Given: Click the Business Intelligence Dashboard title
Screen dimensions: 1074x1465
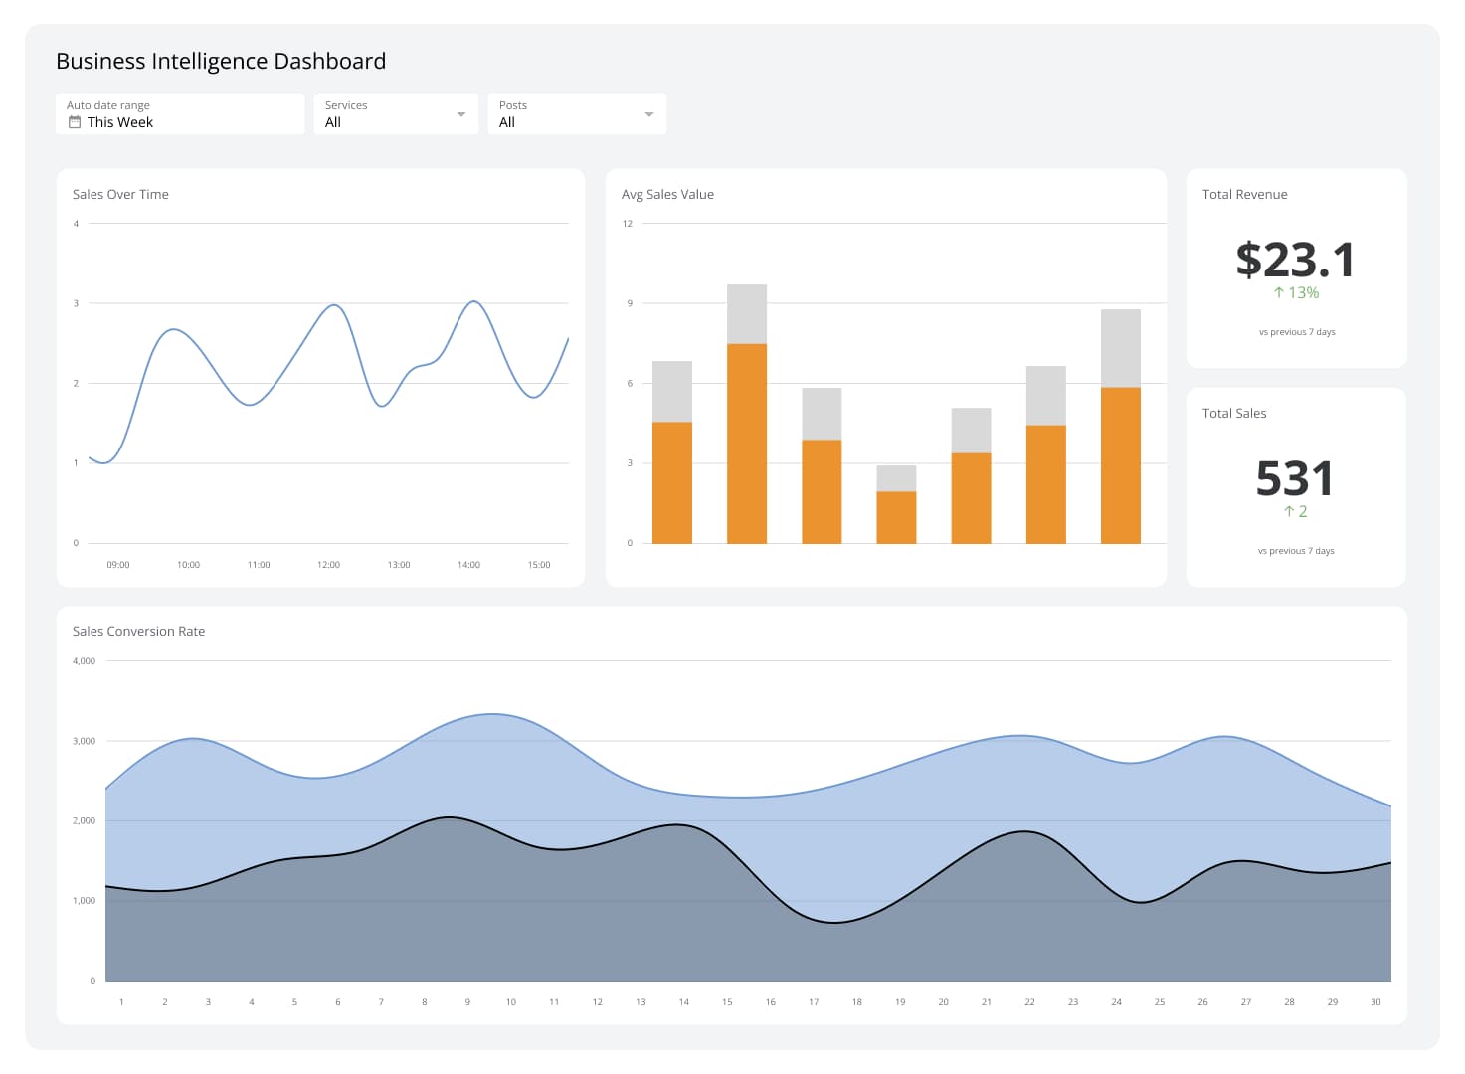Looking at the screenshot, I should click(221, 61).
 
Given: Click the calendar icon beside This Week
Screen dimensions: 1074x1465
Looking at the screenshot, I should click(74, 122).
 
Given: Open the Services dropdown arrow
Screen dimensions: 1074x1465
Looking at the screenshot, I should click(460, 114).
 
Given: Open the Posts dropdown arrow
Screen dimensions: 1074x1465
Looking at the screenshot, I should click(648, 114).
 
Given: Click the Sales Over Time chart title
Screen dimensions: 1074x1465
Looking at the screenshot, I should click(120, 194).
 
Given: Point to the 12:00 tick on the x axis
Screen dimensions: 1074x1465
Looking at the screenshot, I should click(328, 565).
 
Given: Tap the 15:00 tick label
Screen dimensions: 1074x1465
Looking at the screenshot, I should click(538, 565).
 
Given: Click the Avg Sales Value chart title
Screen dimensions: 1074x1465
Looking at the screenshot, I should click(667, 194).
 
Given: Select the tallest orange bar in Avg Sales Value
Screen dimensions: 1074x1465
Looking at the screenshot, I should click(746, 443).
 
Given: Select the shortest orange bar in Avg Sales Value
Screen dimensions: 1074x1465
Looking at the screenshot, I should click(896, 517).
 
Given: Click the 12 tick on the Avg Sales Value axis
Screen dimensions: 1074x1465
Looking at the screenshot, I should click(628, 224).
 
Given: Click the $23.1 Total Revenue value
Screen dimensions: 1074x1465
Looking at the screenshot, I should click(1295, 260).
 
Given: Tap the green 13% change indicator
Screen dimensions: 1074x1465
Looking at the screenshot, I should click(1296, 293).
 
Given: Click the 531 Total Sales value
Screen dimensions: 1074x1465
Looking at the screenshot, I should click(1294, 478).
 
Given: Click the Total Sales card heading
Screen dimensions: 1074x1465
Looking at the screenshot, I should click(1234, 413).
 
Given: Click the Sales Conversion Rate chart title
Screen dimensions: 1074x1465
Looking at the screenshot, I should click(138, 631).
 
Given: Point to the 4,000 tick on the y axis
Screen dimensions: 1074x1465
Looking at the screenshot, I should click(84, 661).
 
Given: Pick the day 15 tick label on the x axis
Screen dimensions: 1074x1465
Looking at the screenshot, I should click(727, 1002).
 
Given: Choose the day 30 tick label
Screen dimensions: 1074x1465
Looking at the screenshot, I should click(1375, 1002).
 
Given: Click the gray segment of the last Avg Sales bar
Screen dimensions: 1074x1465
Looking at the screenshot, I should click(1120, 348).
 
